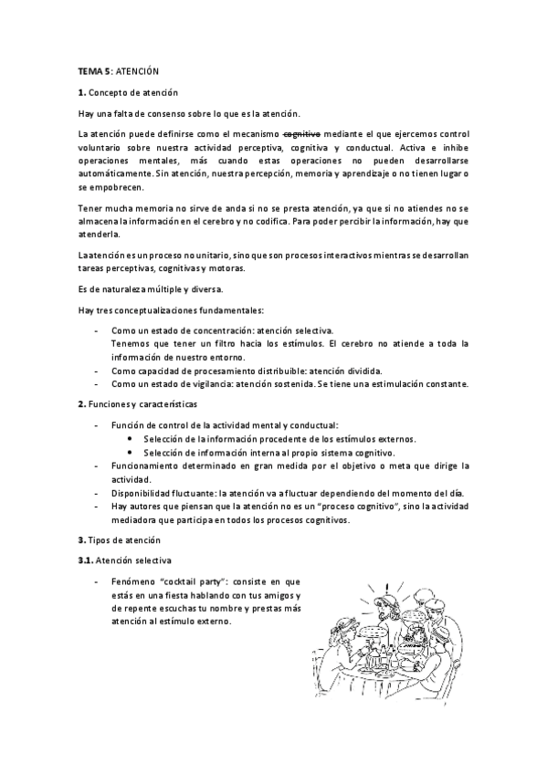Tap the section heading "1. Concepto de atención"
[x=128, y=92]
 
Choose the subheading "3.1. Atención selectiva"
[x=126, y=560]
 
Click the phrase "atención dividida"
[x=348, y=371]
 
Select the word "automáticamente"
[x=114, y=173]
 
